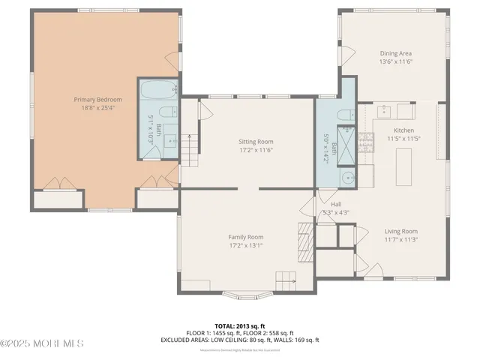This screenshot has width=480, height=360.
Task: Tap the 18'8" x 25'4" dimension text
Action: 94,107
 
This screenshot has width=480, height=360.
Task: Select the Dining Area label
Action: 395,53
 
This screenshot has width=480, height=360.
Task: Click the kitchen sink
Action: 385,111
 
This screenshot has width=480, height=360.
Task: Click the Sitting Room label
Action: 256,141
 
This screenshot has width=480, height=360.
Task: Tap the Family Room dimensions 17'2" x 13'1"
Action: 246,245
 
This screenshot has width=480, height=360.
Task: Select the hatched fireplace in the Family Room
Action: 304,238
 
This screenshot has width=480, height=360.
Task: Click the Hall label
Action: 336,203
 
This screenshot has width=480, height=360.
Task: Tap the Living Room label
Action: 401,231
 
